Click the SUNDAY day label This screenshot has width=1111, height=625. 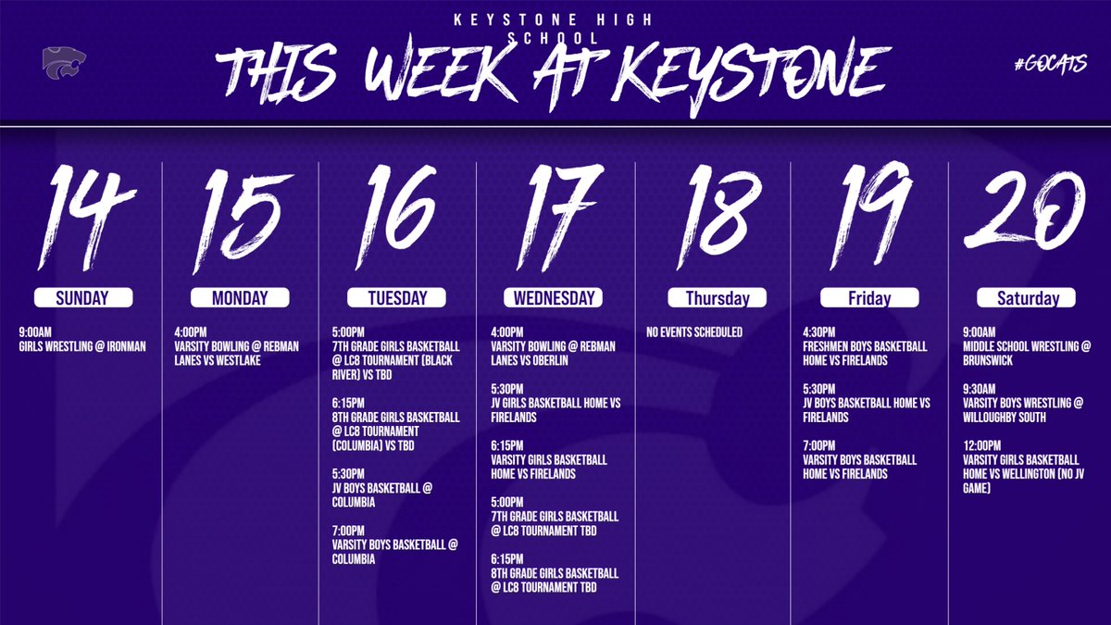(x=82, y=298)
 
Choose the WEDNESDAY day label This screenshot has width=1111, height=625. (x=555, y=298)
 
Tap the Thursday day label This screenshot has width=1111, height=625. (x=718, y=298)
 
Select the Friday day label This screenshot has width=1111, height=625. (x=869, y=298)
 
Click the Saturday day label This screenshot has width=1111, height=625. (x=1028, y=298)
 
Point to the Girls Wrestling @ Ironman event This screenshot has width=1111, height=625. (x=82, y=347)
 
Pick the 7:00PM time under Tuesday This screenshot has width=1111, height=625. (x=349, y=531)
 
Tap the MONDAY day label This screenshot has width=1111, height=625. (x=240, y=298)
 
